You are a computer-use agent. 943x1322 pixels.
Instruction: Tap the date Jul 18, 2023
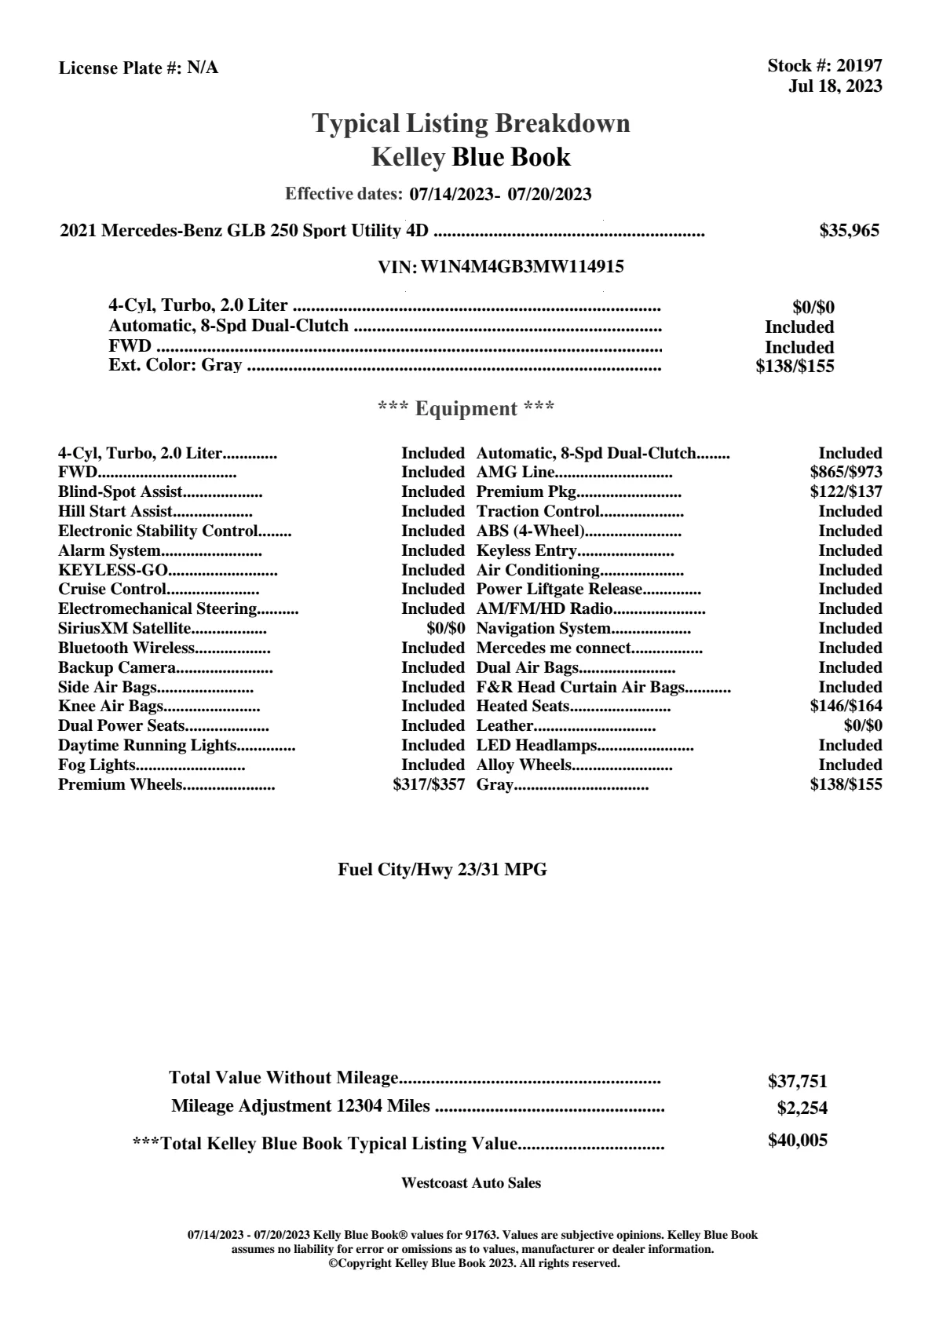click(835, 86)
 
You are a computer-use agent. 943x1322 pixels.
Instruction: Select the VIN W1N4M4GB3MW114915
click(522, 267)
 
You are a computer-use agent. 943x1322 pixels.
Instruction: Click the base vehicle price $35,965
click(850, 231)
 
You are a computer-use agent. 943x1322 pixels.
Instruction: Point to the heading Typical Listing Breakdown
click(471, 123)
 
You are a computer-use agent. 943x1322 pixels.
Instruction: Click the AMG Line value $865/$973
click(846, 473)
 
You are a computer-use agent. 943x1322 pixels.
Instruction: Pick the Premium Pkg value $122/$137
click(846, 492)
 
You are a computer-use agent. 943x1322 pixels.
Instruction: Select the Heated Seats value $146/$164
click(846, 707)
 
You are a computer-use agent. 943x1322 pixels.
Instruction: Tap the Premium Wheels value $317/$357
click(429, 784)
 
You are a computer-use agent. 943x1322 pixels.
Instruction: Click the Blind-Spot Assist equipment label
click(120, 492)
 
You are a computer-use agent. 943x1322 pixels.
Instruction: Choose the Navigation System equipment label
click(543, 629)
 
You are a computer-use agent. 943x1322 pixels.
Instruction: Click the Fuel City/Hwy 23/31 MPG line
click(442, 870)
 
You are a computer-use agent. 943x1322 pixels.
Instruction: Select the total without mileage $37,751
click(797, 1082)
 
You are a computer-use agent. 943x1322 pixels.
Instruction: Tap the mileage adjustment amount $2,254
click(802, 1108)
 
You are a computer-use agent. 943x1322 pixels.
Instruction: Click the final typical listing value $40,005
click(797, 1141)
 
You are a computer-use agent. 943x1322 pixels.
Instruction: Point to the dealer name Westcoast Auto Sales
click(470, 1183)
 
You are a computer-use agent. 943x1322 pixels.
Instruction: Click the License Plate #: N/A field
click(138, 68)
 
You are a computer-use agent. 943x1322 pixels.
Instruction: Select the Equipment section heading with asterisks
click(466, 409)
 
